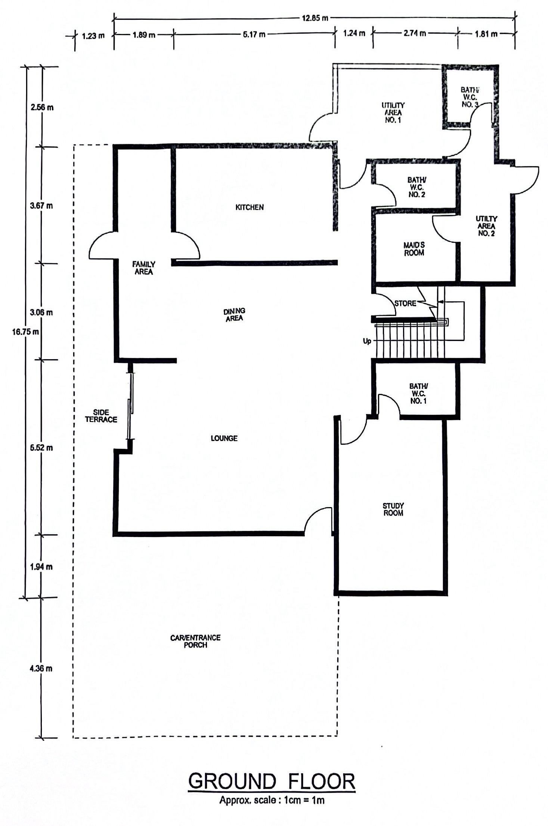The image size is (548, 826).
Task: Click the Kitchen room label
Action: [x=250, y=207]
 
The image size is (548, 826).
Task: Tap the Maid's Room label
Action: [x=414, y=249]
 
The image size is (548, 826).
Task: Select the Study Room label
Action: [x=393, y=509]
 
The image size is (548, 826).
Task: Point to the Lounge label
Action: [x=224, y=438]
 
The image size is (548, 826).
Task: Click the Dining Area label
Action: [x=234, y=314]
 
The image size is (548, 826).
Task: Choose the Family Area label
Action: [x=144, y=268]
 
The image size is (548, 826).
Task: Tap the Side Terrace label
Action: [x=101, y=416]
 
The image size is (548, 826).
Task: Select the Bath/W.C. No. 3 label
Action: [x=470, y=97]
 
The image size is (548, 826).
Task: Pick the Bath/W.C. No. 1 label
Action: [x=418, y=393]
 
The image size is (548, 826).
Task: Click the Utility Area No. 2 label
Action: [x=486, y=226]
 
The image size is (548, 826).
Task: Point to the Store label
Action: [x=405, y=303]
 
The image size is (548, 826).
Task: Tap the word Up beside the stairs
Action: [x=367, y=341]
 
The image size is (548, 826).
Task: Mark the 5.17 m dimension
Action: [x=254, y=34]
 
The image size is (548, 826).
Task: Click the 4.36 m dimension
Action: [x=41, y=668]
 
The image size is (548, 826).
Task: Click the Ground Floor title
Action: [x=272, y=781]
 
